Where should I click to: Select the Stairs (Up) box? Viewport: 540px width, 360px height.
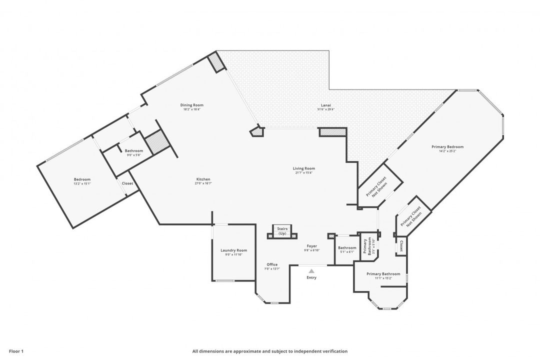click(x=282, y=230)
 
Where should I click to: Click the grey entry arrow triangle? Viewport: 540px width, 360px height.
click(x=311, y=271)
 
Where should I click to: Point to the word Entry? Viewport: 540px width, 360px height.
click(x=311, y=277)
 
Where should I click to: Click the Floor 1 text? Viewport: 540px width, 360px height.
click(x=16, y=351)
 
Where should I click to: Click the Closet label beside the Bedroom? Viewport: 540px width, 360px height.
click(x=127, y=183)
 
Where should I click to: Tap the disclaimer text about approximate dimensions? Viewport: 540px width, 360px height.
click(x=269, y=351)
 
